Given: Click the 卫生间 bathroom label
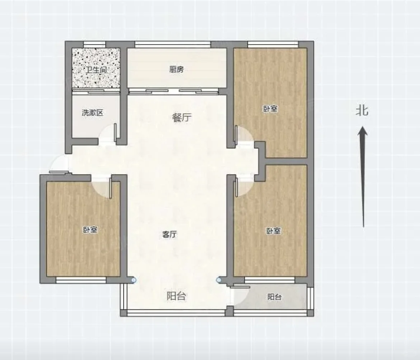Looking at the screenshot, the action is click(x=96, y=70).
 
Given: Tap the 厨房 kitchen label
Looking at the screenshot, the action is click(x=177, y=69).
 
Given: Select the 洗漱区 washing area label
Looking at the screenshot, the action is click(x=92, y=112).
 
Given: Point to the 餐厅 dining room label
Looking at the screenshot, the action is click(x=182, y=117).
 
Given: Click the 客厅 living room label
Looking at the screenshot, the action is click(x=169, y=235).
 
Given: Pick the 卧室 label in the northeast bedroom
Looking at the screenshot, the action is click(x=271, y=109).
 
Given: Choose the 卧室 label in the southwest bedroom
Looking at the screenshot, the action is click(x=90, y=230).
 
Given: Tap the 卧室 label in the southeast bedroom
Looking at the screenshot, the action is click(x=274, y=231).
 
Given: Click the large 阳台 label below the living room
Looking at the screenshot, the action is click(x=176, y=296).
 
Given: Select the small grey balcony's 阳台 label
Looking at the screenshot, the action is click(x=275, y=297).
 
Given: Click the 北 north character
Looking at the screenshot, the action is click(x=362, y=110).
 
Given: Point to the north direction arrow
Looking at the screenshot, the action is click(x=363, y=177).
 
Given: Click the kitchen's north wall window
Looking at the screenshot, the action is click(x=173, y=45).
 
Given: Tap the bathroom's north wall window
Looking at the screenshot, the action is click(x=94, y=45).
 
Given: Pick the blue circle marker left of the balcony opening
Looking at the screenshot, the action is click(x=134, y=280).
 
